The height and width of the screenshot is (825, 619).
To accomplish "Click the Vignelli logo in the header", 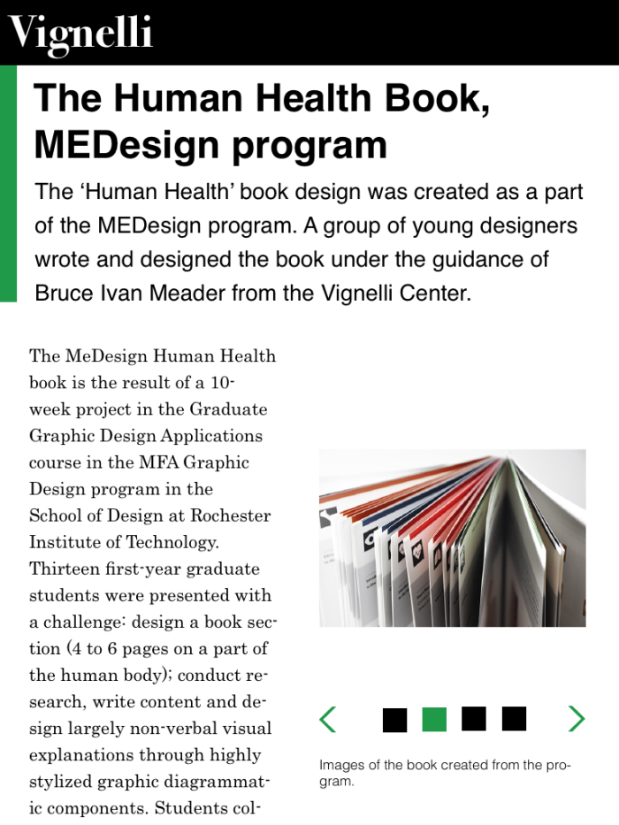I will (80, 34).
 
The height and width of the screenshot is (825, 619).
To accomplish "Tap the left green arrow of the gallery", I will (328, 719).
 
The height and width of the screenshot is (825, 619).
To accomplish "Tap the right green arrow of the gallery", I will (576, 719).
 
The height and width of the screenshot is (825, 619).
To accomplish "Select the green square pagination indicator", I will (434, 719).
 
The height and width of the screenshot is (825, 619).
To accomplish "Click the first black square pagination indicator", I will (394, 719).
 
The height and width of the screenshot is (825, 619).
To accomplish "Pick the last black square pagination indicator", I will (514, 719).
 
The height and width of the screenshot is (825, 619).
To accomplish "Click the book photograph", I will (452, 538).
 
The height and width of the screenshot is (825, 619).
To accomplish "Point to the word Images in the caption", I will (341, 766).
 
